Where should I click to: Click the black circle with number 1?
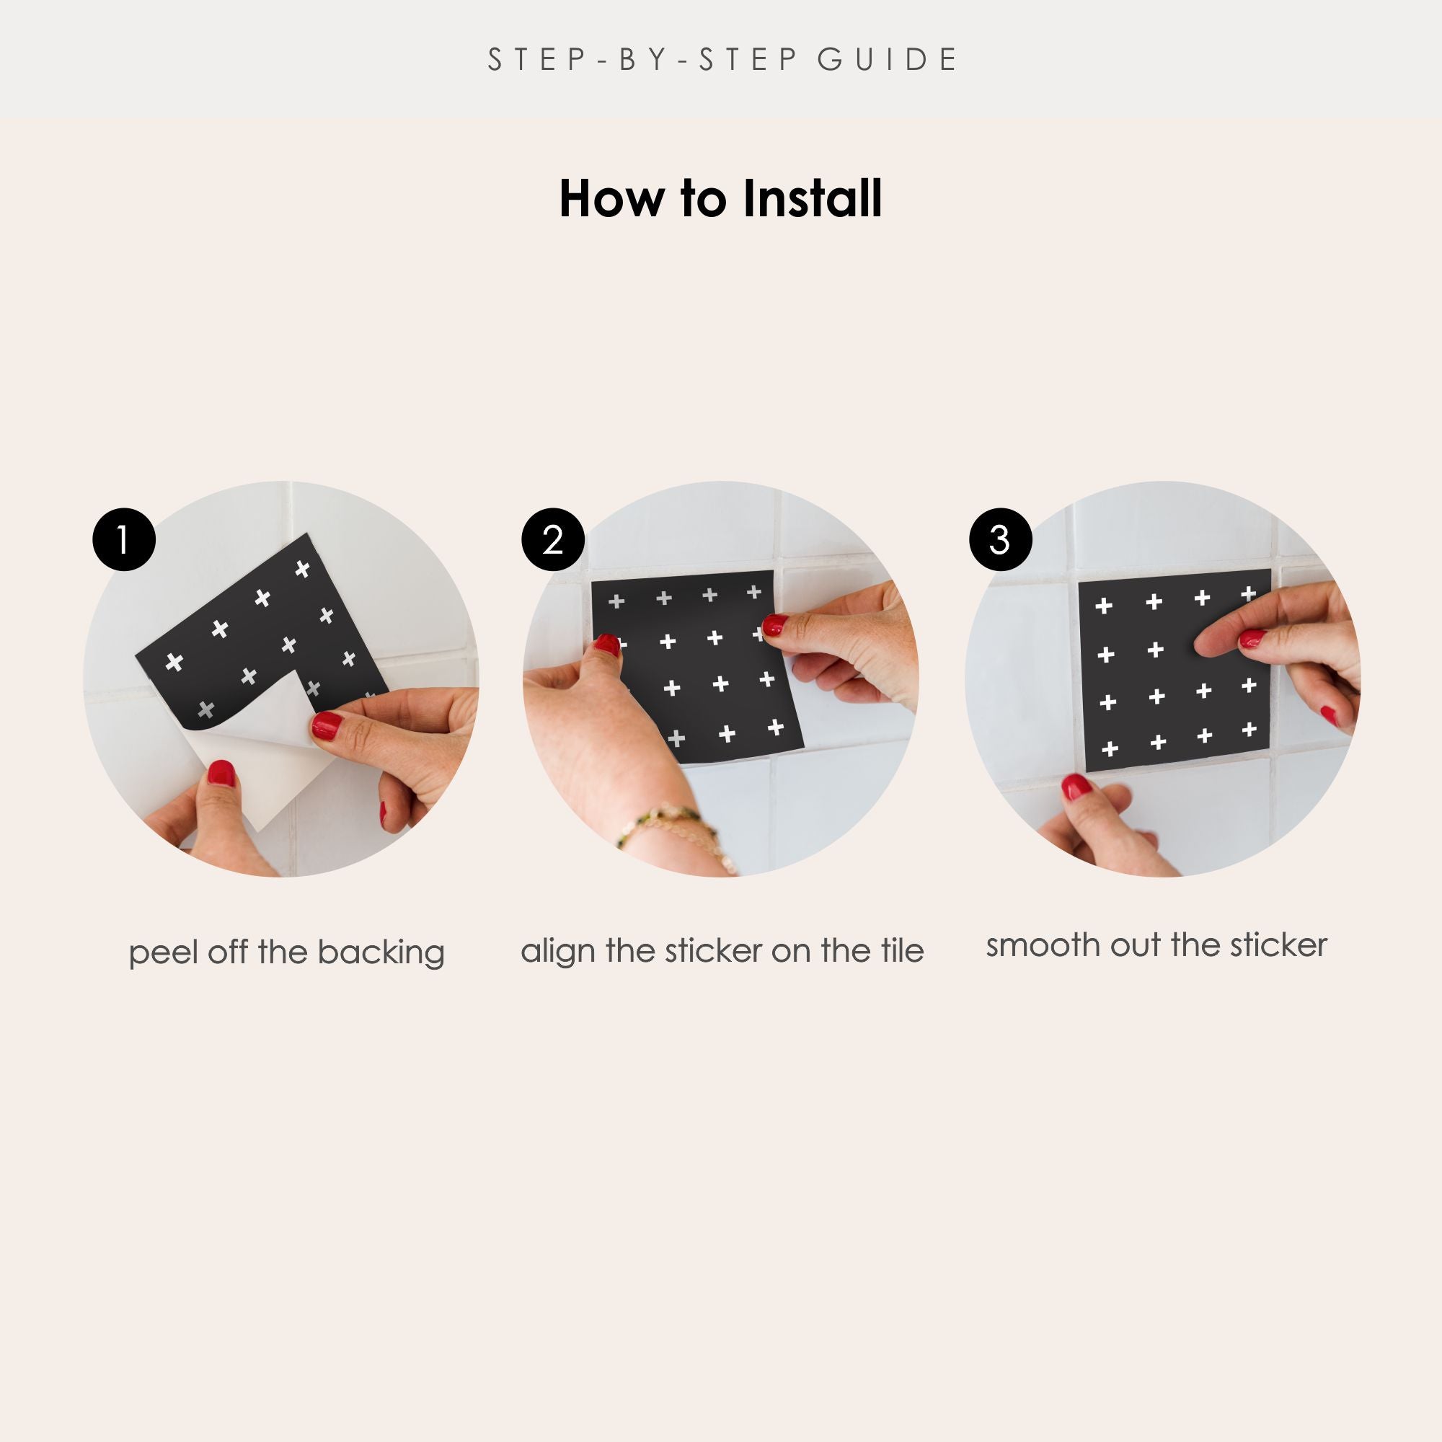pos(124,539)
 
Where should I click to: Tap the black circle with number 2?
pos(552,539)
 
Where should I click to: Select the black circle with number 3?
pos(1000,539)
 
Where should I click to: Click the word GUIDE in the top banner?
pos(888,60)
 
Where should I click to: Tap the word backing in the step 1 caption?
pos(381,953)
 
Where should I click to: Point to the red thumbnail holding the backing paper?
pos(221,774)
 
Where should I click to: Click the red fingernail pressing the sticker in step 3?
pos(1252,638)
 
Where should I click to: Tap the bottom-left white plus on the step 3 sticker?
pos(1110,748)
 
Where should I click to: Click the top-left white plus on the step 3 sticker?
pos(1104,606)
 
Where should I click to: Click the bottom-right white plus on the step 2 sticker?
pos(776,727)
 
